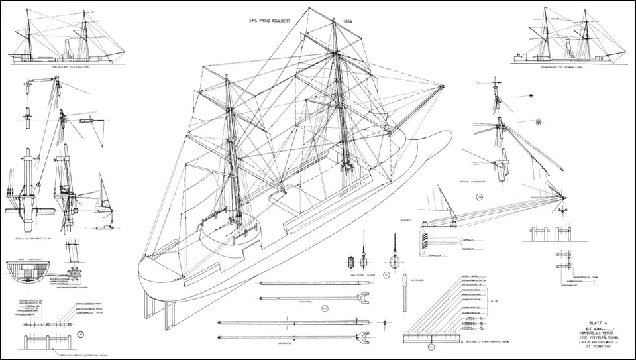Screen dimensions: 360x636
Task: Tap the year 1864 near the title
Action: click(x=348, y=21)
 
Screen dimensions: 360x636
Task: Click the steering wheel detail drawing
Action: click(x=75, y=272)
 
